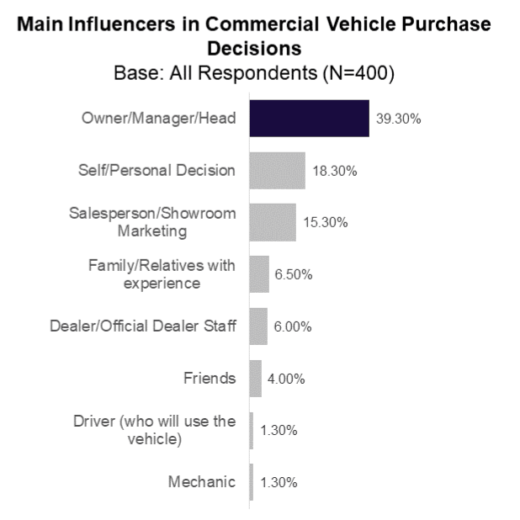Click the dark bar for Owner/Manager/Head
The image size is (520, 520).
click(x=310, y=119)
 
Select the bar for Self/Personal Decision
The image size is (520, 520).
click(x=278, y=171)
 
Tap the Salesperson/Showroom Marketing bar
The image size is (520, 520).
click(x=273, y=222)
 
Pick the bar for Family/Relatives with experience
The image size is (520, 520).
click(x=260, y=274)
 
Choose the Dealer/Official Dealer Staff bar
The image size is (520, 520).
click(x=259, y=326)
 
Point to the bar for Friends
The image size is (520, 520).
click(x=256, y=379)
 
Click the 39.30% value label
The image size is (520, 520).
click(x=398, y=119)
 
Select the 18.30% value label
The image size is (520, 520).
click(x=334, y=172)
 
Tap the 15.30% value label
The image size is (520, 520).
click(x=325, y=223)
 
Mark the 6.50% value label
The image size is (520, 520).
click(x=295, y=275)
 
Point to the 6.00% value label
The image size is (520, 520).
click(x=294, y=327)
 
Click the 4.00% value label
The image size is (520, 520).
click(x=287, y=379)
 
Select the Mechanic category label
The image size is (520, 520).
click(x=202, y=482)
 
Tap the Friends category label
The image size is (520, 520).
click(x=210, y=378)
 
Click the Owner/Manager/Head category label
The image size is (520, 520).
click(x=158, y=119)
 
